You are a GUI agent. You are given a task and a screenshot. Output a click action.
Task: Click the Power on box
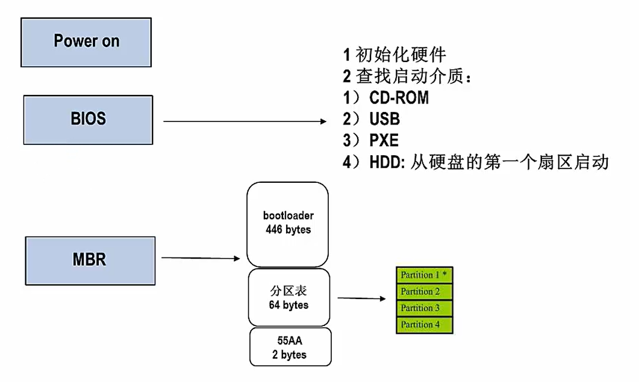(86, 42)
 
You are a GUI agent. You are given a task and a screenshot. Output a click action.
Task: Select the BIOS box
(88, 119)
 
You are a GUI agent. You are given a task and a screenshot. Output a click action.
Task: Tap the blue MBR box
(90, 260)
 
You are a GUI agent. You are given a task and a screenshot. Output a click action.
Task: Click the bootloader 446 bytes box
(288, 223)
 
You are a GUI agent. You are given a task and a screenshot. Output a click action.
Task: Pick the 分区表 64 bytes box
(288, 298)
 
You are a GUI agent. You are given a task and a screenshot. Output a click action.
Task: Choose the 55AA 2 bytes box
(290, 347)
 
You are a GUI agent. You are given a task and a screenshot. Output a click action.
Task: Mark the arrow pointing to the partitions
(361, 298)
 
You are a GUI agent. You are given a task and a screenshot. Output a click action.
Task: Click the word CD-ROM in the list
(399, 97)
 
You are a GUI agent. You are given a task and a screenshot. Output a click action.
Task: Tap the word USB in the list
(384, 119)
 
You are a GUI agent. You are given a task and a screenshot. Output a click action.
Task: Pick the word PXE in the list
(384, 140)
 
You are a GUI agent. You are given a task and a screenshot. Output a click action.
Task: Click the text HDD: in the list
(387, 162)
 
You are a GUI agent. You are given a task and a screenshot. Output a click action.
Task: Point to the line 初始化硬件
(401, 55)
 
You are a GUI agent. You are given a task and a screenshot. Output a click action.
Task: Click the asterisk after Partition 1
(444, 274)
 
